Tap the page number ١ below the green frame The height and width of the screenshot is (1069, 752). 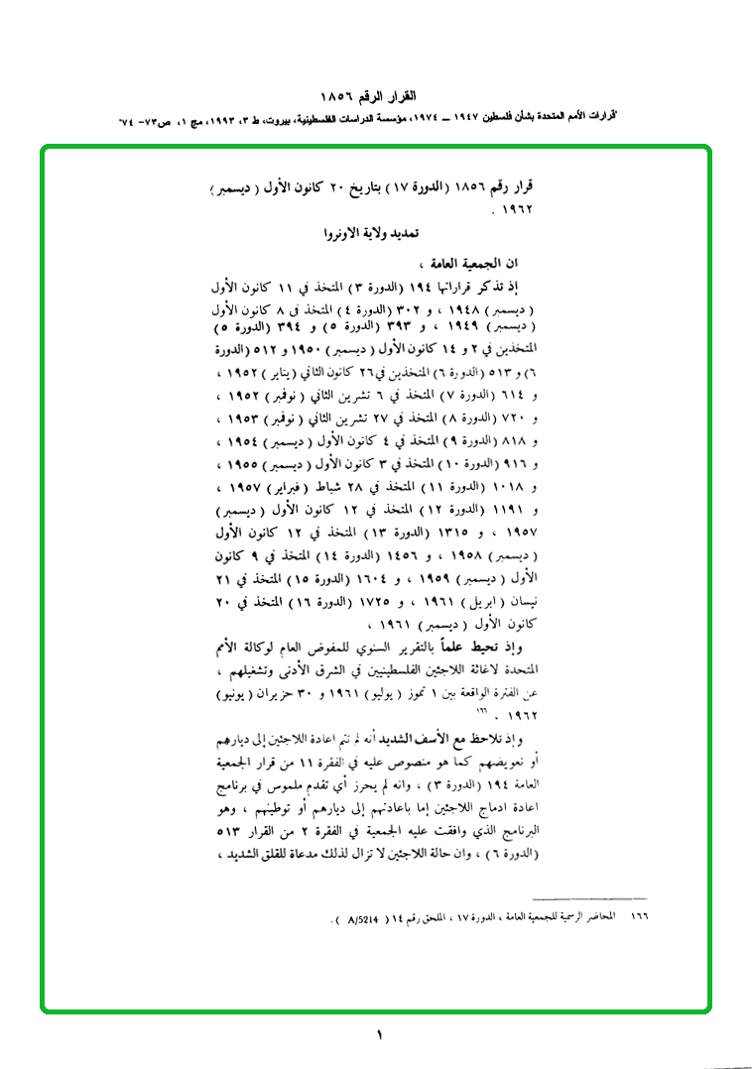point(378,1036)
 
